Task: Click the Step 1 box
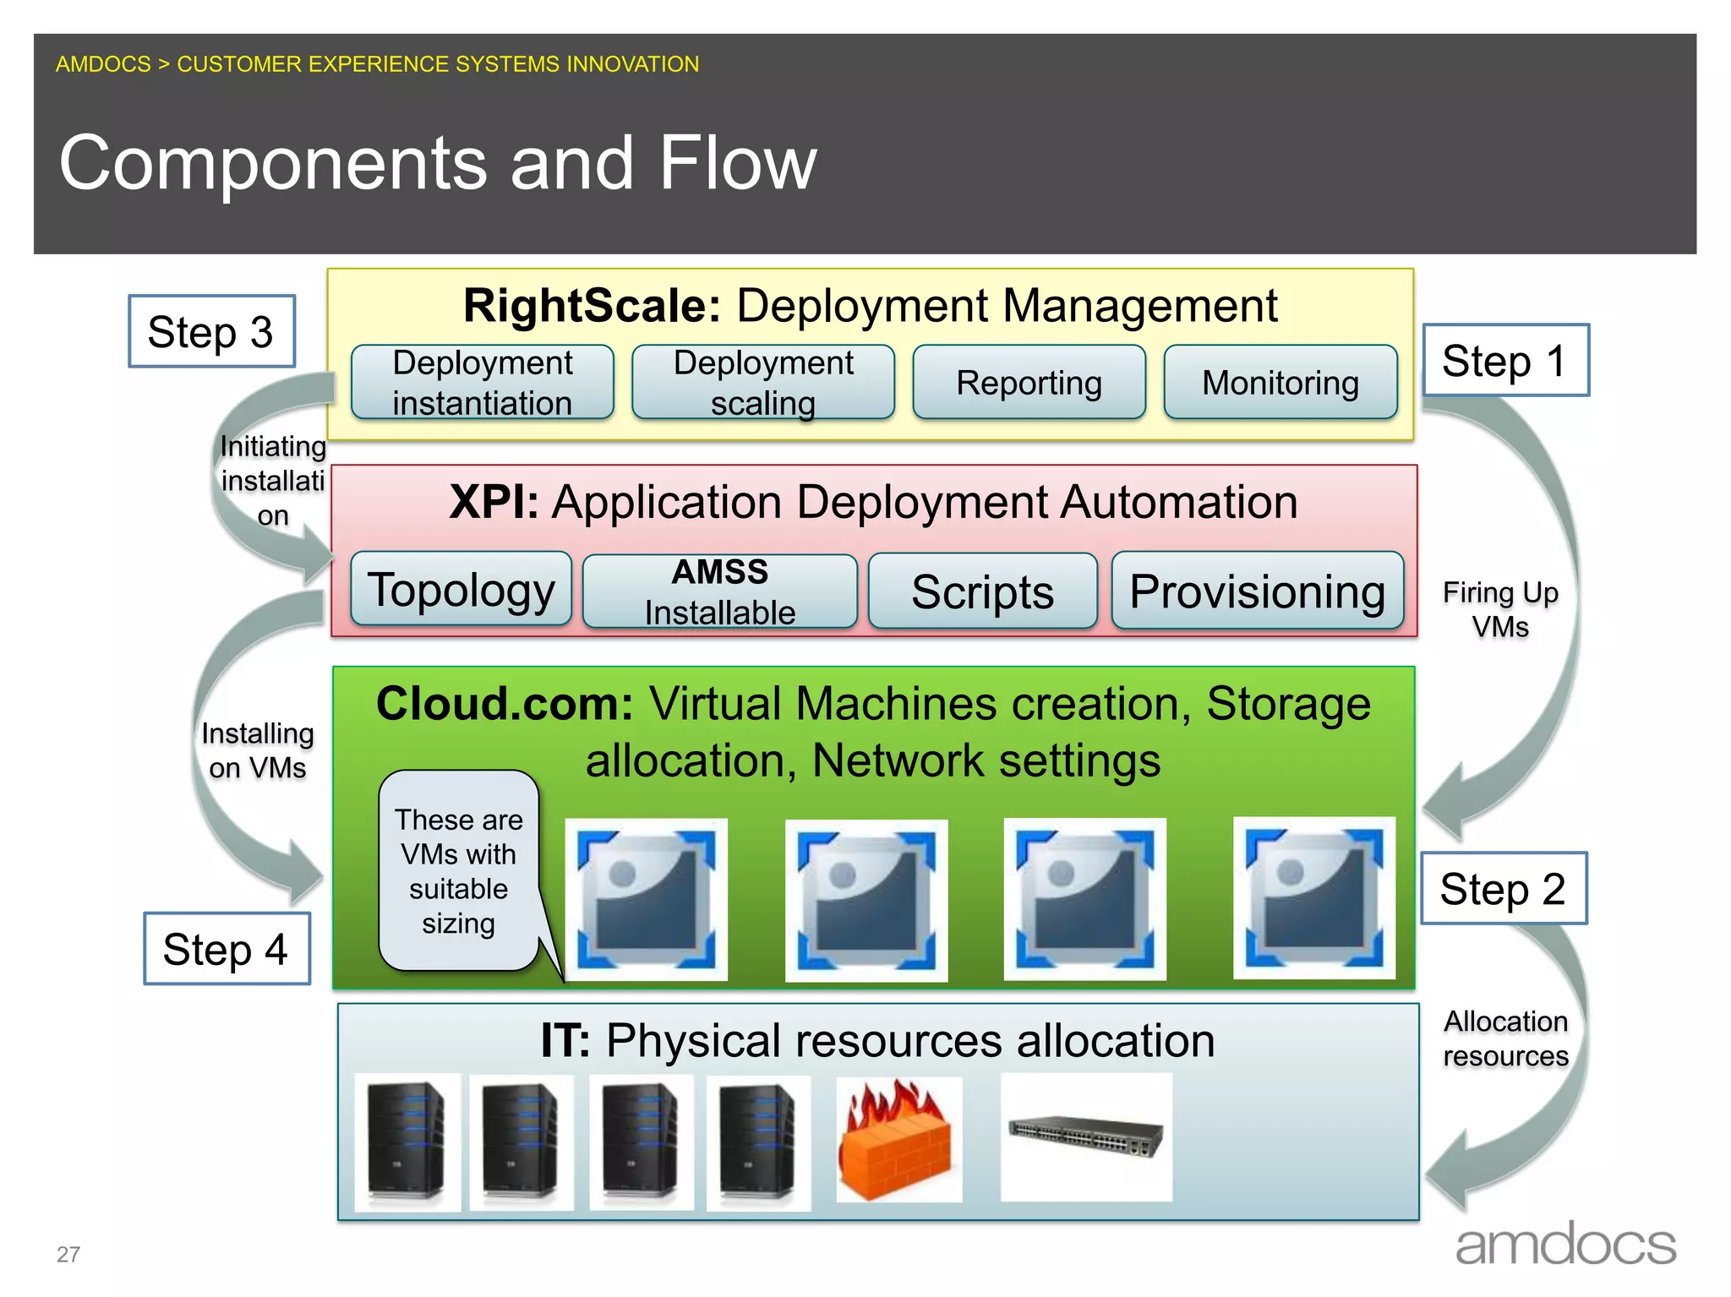(x=1505, y=361)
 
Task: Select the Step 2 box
(x=1504, y=889)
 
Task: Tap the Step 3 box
(x=211, y=331)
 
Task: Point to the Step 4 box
(x=227, y=949)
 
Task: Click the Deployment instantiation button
(x=483, y=383)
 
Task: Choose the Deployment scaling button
(x=763, y=383)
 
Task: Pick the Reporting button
(x=1029, y=383)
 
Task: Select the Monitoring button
(x=1280, y=383)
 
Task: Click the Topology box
(x=461, y=590)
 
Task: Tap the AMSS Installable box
(x=720, y=591)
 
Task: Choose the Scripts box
(x=982, y=591)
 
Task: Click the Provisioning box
(x=1257, y=591)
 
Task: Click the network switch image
(x=1086, y=1136)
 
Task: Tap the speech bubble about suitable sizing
(x=459, y=871)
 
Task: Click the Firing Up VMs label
(x=1500, y=609)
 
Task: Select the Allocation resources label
(x=1505, y=1038)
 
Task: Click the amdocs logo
(x=1565, y=1244)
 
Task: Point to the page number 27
(x=68, y=1254)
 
